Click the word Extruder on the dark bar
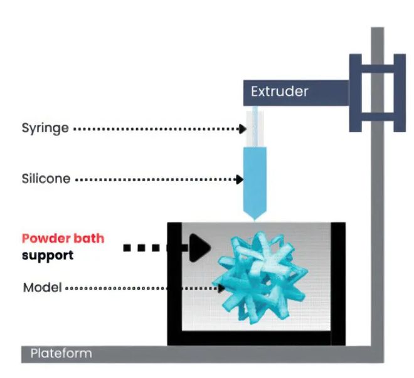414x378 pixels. click(279, 92)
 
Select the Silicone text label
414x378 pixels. click(45, 179)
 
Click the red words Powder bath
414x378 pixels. click(63, 239)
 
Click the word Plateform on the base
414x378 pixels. click(61, 354)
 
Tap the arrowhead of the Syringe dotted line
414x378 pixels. click(241, 129)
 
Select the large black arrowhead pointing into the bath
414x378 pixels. click(199, 247)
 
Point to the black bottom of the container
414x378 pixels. click(256, 339)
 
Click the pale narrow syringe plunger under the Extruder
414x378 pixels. click(255, 125)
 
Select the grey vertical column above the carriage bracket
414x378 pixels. click(377, 40)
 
